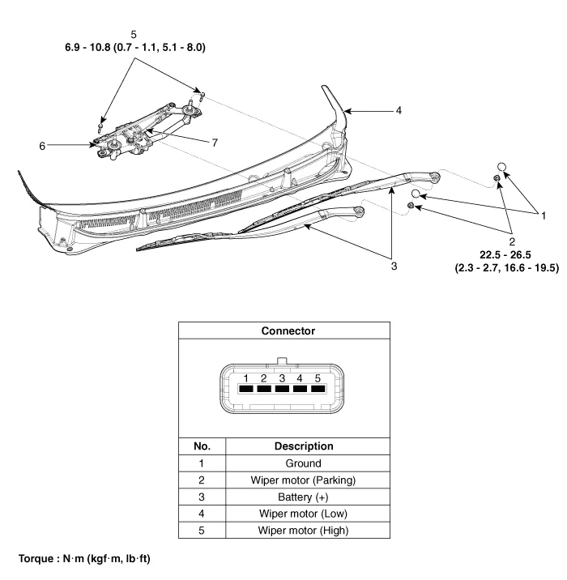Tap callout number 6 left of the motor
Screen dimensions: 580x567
tap(41, 146)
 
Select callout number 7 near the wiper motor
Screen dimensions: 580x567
tap(215, 143)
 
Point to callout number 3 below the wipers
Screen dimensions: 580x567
tap(393, 266)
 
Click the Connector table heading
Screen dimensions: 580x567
tap(288, 331)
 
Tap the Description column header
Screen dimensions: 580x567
tap(304, 446)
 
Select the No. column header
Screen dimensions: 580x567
tap(202, 446)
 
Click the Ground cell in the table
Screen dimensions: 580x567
tap(304, 463)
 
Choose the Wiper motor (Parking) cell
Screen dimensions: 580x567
tap(304, 480)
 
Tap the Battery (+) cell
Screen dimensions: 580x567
tap(304, 497)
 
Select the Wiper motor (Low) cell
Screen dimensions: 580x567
tap(304, 514)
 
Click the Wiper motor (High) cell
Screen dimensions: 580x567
tap(304, 531)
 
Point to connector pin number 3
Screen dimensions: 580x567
tap(282, 378)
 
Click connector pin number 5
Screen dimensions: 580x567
tap(318, 378)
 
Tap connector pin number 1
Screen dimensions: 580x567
tap(245, 378)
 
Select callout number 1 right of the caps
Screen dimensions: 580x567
tap(544, 215)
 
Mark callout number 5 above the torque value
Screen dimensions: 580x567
tap(134, 34)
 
